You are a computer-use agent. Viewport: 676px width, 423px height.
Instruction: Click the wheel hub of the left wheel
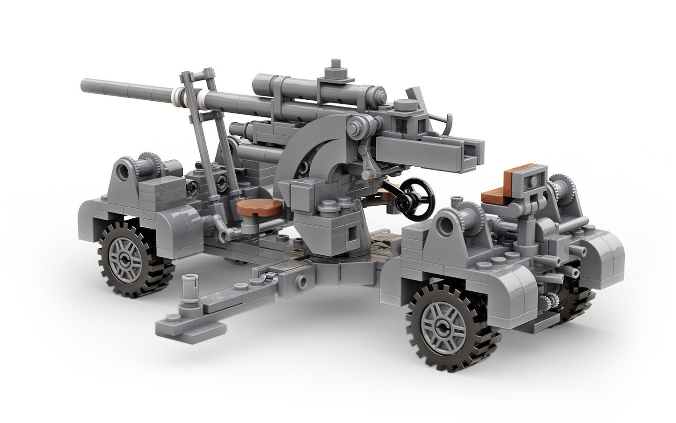pyautogui.click(x=124, y=257)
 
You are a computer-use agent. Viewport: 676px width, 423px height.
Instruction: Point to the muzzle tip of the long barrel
pyautogui.click(x=84, y=85)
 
